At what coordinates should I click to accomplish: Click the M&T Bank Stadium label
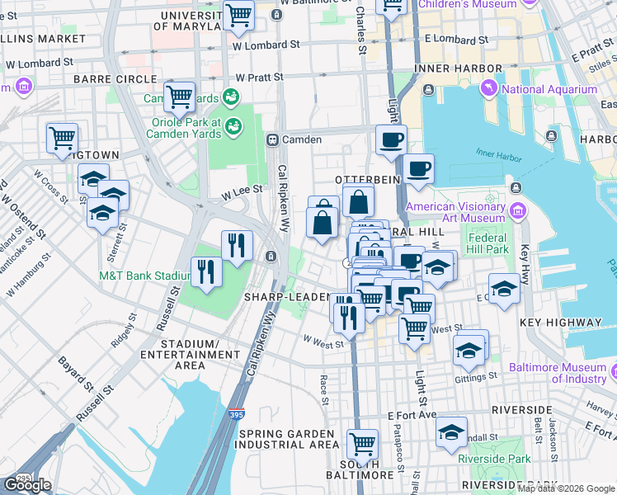(144, 276)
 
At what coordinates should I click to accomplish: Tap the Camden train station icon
(272, 139)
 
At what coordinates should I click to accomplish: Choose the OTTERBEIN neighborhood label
(367, 179)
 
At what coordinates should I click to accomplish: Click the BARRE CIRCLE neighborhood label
(115, 79)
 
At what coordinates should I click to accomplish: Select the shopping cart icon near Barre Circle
(179, 97)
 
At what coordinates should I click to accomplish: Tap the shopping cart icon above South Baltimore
(362, 443)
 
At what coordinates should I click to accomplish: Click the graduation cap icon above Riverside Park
(451, 433)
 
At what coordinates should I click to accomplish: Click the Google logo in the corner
(27, 485)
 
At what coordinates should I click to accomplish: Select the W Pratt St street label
(259, 77)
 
